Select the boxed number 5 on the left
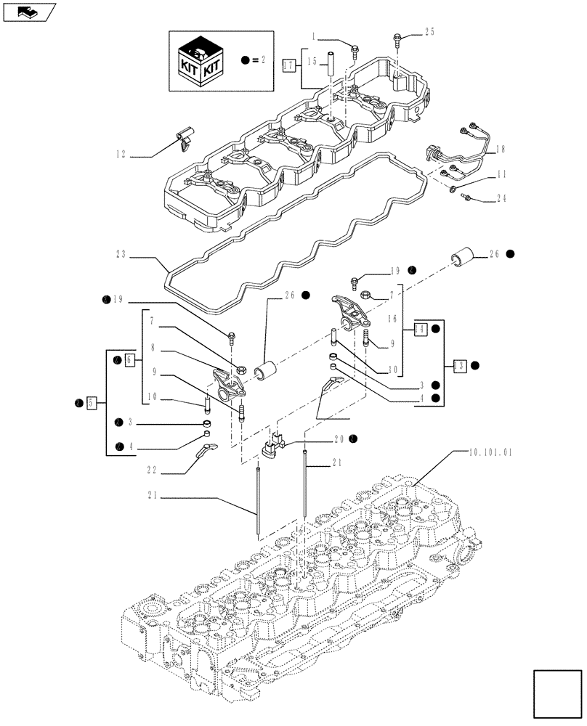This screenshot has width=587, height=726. [x=91, y=401]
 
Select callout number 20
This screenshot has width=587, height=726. [x=339, y=439]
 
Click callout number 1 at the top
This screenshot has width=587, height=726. [x=314, y=36]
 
